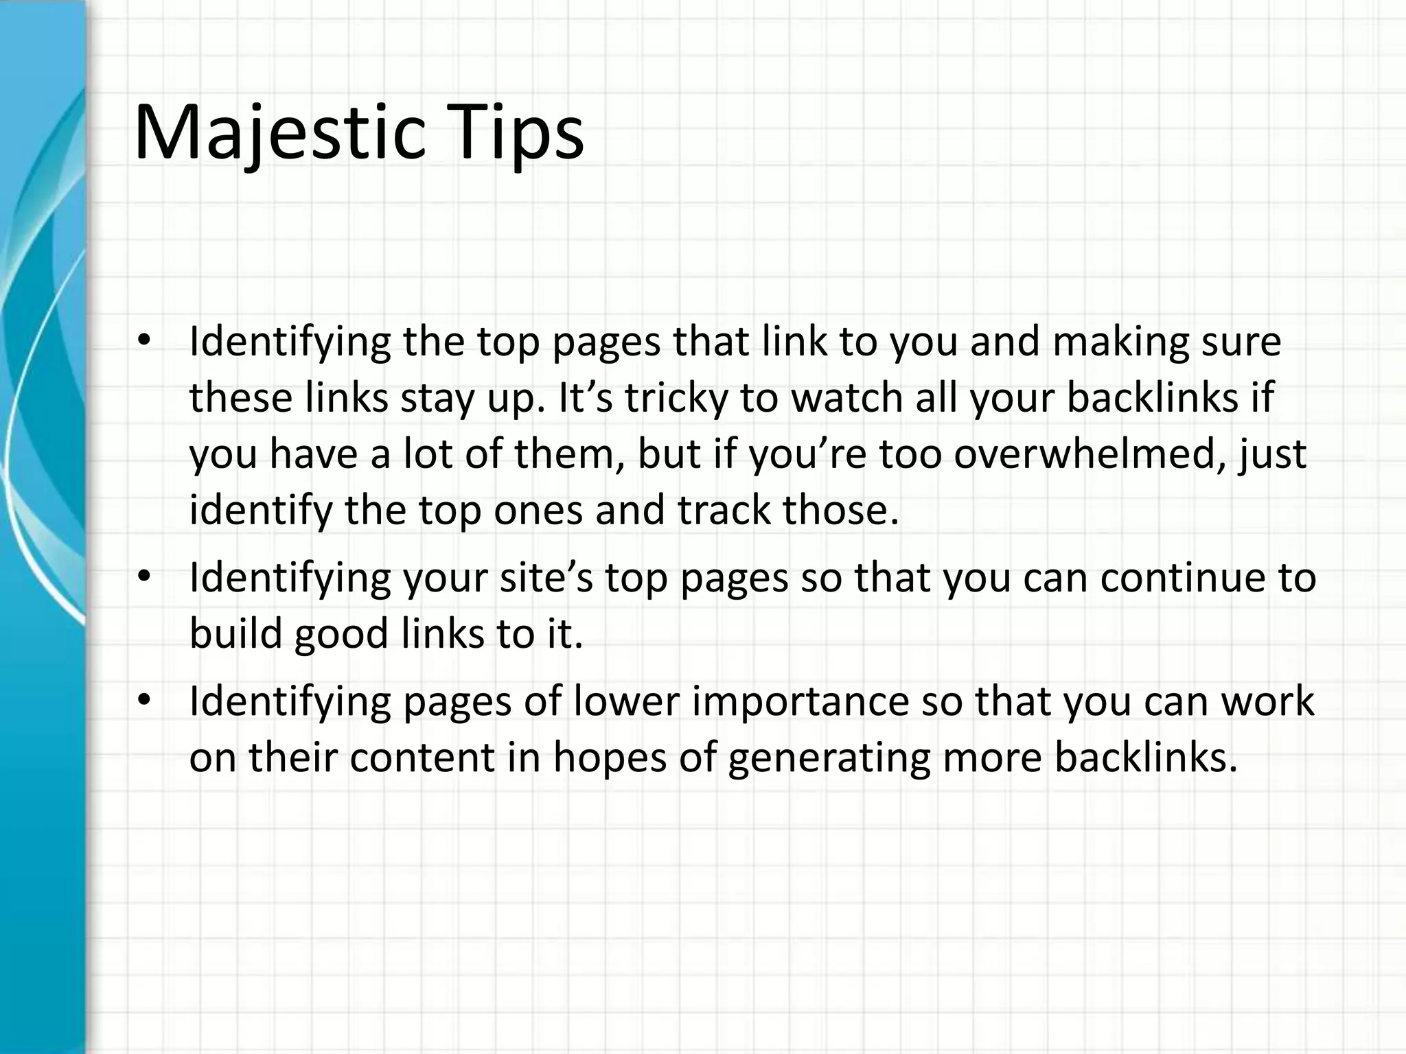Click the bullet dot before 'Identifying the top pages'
point(143,341)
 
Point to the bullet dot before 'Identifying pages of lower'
point(143,701)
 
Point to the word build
point(236,633)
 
